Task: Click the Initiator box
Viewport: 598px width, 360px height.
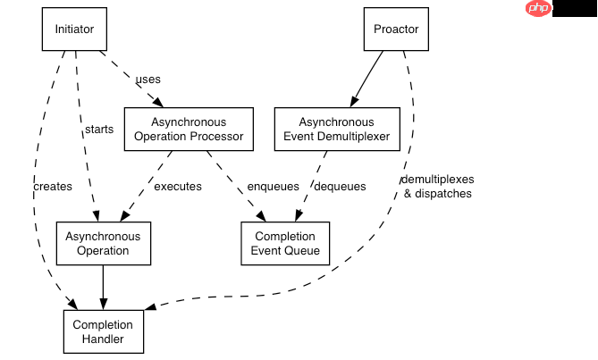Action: coord(74,29)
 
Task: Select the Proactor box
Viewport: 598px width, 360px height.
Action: coord(397,29)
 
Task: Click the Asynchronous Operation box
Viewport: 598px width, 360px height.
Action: coord(103,243)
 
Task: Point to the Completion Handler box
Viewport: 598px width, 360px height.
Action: coord(103,331)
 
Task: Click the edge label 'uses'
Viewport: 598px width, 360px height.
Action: coord(147,80)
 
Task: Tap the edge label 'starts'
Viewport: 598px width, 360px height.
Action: coord(98,130)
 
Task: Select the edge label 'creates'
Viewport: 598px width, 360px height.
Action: coord(52,187)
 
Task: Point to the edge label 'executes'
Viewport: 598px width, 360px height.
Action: coord(177,187)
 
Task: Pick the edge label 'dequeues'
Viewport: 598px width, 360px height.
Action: coord(340,187)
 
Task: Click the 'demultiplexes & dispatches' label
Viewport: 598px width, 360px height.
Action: coord(437,187)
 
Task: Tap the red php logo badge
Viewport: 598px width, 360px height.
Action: coord(538,9)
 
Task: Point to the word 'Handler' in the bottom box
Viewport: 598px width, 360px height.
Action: coord(103,339)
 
